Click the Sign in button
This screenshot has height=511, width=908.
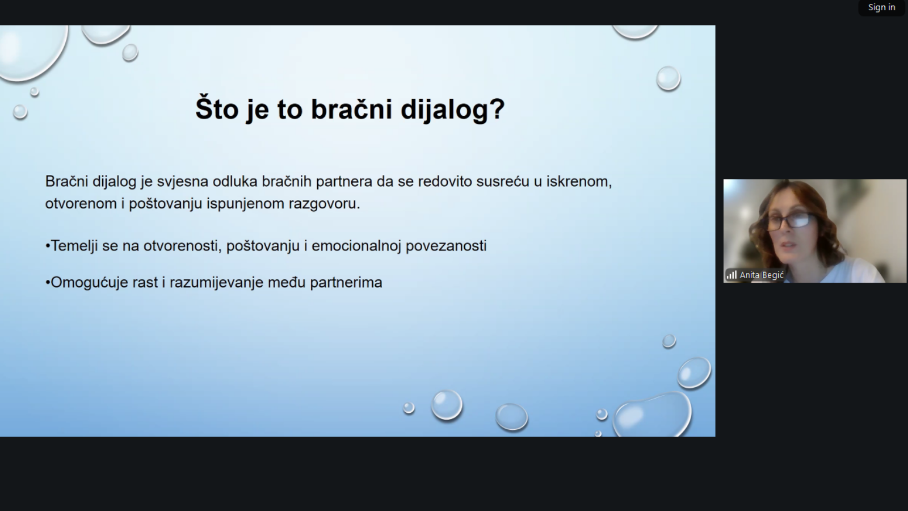point(882,7)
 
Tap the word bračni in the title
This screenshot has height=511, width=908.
point(351,108)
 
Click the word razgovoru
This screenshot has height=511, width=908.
point(324,204)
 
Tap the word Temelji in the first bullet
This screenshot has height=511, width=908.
point(74,246)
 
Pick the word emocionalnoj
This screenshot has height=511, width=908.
point(356,246)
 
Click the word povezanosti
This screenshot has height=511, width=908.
point(446,246)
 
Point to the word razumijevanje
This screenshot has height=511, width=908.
point(216,283)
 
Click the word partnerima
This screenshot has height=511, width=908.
point(346,283)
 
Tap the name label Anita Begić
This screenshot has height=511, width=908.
point(762,275)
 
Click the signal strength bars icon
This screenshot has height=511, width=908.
point(732,275)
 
